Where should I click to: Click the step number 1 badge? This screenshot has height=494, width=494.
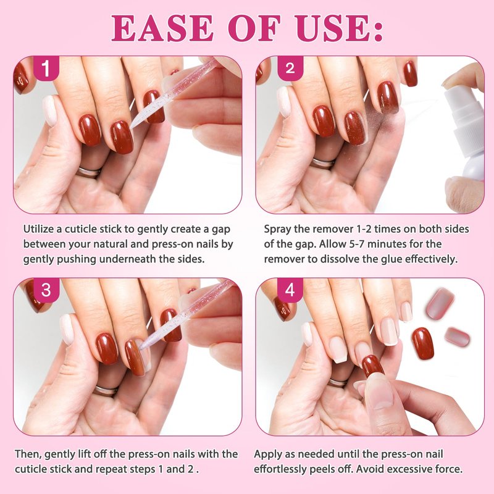coord(46,68)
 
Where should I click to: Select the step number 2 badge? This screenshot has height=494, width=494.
coord(290,68)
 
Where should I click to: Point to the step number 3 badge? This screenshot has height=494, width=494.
coord(46,290)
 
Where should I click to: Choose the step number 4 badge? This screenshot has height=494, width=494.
coord(290,290)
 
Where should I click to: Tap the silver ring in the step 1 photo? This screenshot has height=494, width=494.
coord(88,172)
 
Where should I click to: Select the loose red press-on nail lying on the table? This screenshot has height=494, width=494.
coord(422,343)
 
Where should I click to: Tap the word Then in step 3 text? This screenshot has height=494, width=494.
coord(28,454)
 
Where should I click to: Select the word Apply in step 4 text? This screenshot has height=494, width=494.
coord(268,455)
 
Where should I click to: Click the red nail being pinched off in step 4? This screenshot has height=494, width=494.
coord(373,366)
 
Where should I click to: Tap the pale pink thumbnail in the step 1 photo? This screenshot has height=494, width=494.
coord(49,111)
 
